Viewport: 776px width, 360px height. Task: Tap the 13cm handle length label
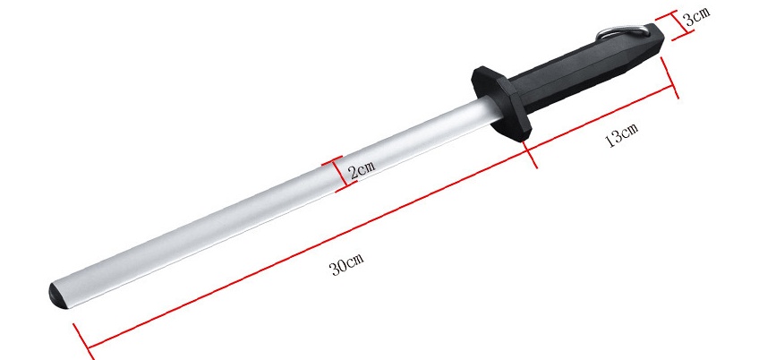621,137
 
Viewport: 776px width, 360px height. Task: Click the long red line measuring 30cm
304,249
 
